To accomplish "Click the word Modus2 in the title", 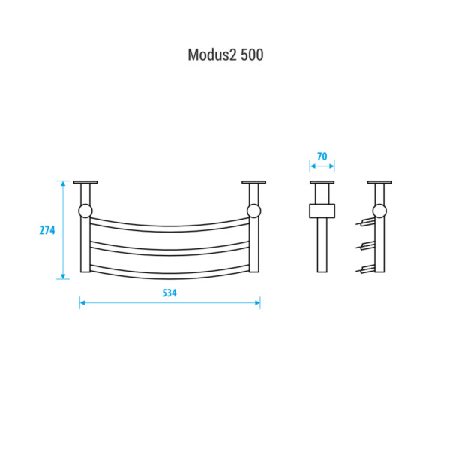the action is pyautogui.click(x=212, y=55).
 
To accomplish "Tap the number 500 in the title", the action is pyautogui.click(x=252, y=55).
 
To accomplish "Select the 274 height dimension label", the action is pyautogui.click(x=47, y=230).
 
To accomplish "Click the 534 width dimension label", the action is pyautogui.click(x=169, y=292).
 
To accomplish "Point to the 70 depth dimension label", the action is pyautogui.click(x=322, y=157).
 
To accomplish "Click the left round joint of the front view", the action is pyautogui.click(x=85, y=211).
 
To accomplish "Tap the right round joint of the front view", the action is pyautogui.click(x=254, y=211).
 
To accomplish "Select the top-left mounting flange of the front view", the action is pyautogui.click(x=85, y=182).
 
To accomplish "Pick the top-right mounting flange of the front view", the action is pyautogui.click(x=254, y=182).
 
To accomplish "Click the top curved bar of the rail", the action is pyautogui.click(x=169, y=229).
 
